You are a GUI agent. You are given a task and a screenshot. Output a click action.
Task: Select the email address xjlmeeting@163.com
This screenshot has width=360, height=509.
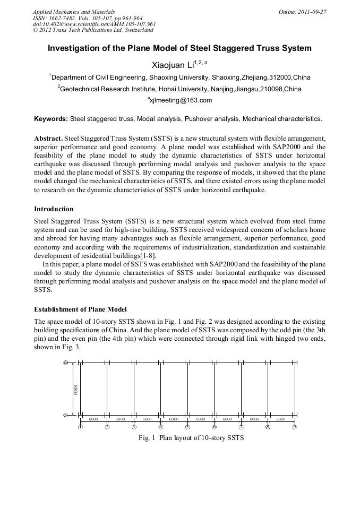(x=181, y=100)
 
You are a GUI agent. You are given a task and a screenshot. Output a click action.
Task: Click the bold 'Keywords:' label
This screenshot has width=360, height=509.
(x=51, y=119)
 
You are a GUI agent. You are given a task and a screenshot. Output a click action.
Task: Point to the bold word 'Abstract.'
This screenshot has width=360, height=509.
(x=49, y=137)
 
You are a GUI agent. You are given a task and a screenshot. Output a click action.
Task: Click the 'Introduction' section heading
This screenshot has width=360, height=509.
(x=54, y=209)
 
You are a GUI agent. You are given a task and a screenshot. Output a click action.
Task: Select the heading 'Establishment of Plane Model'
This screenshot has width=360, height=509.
(x=80, y=309)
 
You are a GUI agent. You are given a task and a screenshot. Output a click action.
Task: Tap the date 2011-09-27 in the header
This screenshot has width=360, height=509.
(x=313, y=11)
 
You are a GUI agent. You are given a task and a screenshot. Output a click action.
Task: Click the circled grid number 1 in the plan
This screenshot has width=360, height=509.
(x=80, y=427)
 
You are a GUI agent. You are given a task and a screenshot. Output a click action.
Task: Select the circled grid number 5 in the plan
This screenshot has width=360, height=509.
(x=187, y=427)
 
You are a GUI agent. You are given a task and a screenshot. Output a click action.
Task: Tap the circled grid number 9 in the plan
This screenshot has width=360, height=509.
(x=294, y=427)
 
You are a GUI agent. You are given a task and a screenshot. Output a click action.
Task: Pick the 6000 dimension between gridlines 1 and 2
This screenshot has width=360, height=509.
(x=93, y=419)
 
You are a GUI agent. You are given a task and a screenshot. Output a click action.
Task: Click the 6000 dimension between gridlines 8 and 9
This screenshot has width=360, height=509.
(x=281, y=419)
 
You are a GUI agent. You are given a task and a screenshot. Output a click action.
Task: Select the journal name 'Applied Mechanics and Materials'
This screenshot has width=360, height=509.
(x=73, y=11)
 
